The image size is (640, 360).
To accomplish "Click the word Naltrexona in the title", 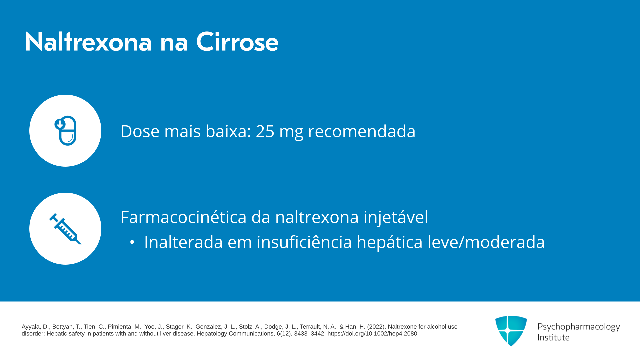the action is pos(88,42).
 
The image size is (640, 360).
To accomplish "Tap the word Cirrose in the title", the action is pos(237,42).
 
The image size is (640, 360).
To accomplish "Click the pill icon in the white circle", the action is pos(66,130).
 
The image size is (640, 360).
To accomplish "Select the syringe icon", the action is pos(65,229).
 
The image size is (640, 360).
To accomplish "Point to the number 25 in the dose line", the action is pos(265,131).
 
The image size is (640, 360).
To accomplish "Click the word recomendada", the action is pos(362,131).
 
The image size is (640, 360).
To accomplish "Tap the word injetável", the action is pos(396,217).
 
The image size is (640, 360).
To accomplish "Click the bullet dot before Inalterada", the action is pos(132,242).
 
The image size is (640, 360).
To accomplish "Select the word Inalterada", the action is pos(183,242).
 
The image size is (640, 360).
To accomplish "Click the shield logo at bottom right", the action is pos(511,331).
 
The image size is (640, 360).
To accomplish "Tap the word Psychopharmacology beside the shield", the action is pos(579,327).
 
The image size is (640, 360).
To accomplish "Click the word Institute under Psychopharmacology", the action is pos(553,337).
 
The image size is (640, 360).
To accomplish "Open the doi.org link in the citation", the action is pos(372,334).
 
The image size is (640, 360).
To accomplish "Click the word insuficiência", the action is pos(304,242).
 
